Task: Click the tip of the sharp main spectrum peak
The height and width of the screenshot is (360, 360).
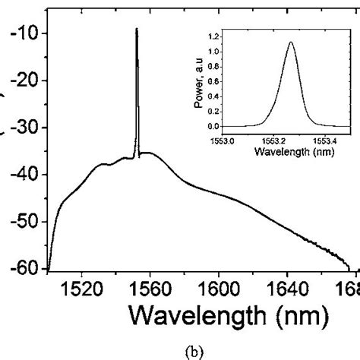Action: pyautogui.click(x=137, y=29)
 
